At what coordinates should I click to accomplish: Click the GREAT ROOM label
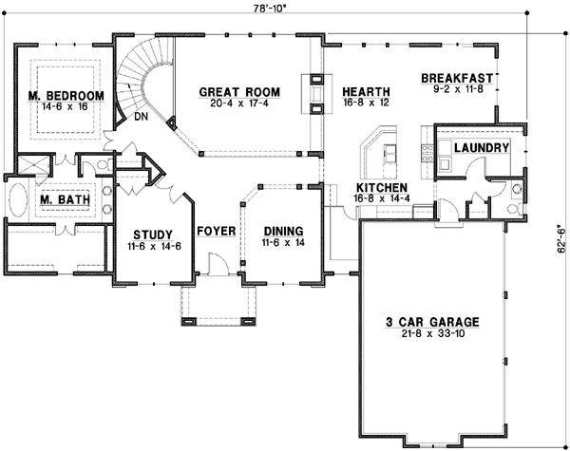tap(239, 92)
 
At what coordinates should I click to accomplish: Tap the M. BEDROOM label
tap(66, 96)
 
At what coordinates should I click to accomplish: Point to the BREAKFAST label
tap(460, 78)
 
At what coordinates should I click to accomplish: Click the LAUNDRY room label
tap(482, 148)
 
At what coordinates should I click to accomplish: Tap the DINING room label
tap(283, 231)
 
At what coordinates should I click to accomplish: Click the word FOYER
tap(216, 231)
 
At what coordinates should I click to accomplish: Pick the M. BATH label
tap(64, 201)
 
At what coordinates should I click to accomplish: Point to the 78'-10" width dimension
tap(270, 8)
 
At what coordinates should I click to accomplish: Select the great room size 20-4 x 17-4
tap(239, 104)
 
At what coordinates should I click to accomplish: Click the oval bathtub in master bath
tap(20, 203)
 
